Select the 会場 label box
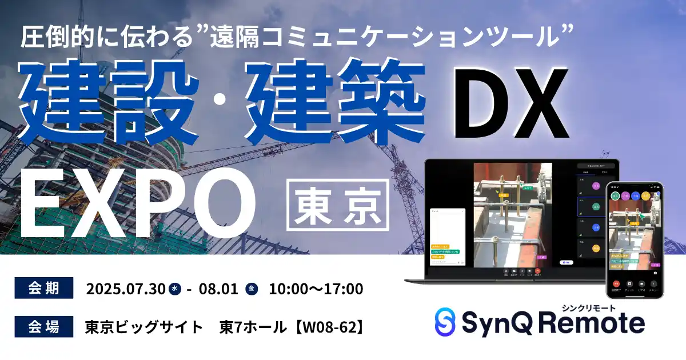(44, 327)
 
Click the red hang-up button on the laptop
(537, 272)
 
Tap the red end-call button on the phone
(616, 283)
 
